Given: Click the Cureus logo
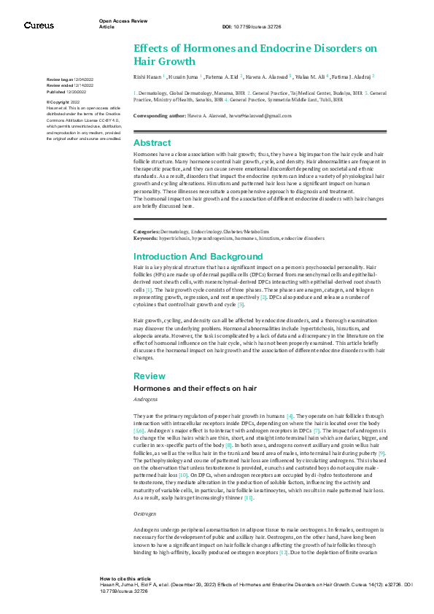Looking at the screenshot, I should coord(39,26).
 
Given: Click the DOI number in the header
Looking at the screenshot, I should coord(252,27).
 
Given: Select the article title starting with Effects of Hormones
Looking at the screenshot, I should coord(255,54).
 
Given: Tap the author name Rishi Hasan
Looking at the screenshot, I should coord(149,75).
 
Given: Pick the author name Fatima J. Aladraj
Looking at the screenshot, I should coord(353,75).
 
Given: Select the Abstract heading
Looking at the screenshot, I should coord(152,143).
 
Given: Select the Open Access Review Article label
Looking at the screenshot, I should coord(123,24).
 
